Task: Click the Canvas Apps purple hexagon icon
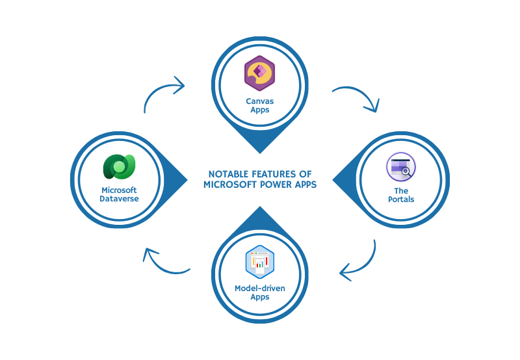tap(259, 73)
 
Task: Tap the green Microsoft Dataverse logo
tap(118, 168)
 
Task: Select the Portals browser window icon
tap(401, 168)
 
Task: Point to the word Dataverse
tap(118, 199)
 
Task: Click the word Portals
tap(401, 199)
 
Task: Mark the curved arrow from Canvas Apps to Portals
tap(357, 97)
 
